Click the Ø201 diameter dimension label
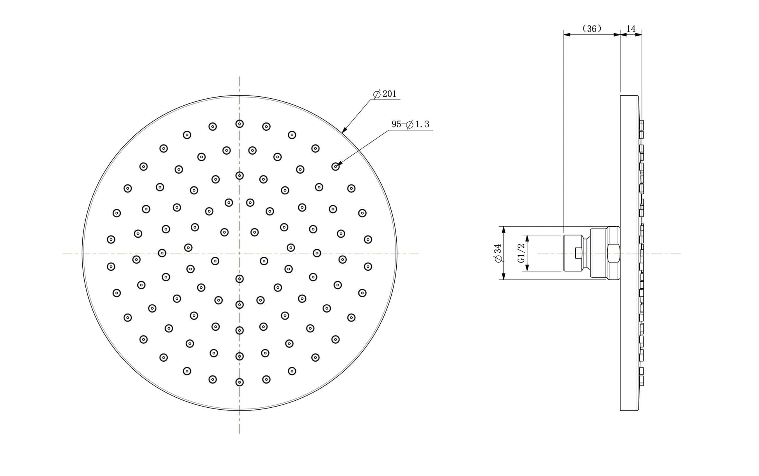(x=385, y=94)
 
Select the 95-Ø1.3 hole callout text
(x=410, y=124)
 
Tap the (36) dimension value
(x=592, y=28)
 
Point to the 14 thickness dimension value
(x=631, y=28)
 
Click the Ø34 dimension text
(x=498, y=253)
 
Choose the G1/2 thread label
(x=521, y=253)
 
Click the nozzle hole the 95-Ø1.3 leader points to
(x=335, y=167)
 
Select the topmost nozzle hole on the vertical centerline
(x=239, y=124)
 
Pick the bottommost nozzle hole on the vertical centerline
(x=239, y=382)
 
